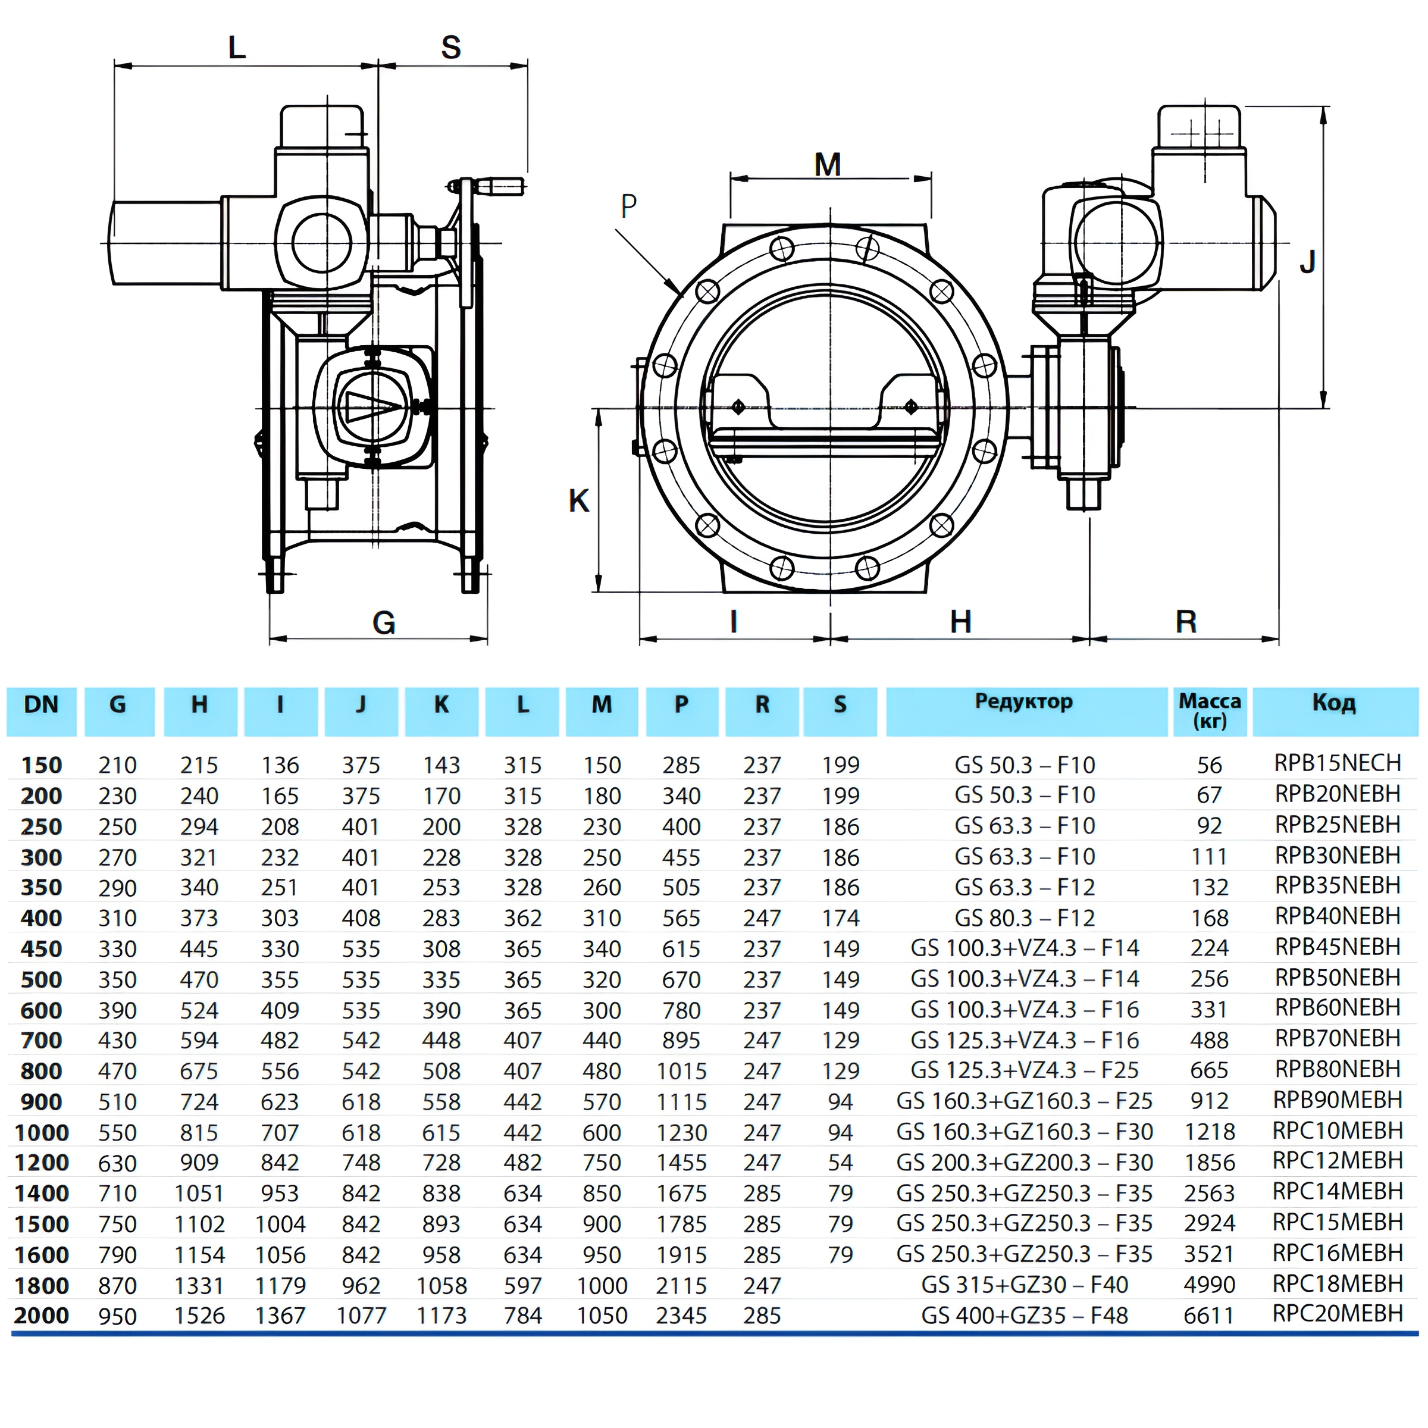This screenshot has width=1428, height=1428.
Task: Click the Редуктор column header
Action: pos(1023,702)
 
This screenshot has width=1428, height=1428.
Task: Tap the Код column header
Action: pos(1334,703)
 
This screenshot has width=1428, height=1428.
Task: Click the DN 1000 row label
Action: pos(42,1132)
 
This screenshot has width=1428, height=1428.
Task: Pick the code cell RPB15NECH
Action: pos(1337,763)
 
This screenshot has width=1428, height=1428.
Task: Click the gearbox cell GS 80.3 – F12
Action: pos(1023,917)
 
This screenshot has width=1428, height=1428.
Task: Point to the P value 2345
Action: pos(681,1316)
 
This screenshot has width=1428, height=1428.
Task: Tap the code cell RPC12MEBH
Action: pos(1337,1161)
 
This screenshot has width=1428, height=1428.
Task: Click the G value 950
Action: pos(118,1316)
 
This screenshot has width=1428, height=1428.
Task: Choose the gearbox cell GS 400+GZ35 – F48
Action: pos(1023,1316)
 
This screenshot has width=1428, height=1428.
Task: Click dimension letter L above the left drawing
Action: pos(237,48)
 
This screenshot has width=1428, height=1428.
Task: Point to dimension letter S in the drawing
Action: pos(451,48)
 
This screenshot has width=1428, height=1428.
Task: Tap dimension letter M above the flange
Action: pos(828,165)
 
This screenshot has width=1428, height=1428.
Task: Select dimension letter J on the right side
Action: pos(1308,262)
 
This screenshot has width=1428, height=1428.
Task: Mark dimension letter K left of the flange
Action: pos(579,501)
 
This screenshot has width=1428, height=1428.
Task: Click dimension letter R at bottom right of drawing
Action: pos(1186,622)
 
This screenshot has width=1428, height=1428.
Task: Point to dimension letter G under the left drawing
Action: pos(384,623)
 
